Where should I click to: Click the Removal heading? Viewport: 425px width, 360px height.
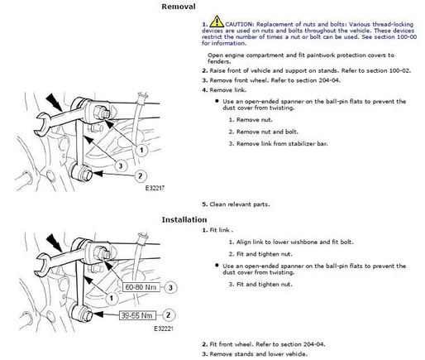click(x=179, y=7)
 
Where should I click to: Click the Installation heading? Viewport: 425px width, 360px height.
click(x=184, y=219)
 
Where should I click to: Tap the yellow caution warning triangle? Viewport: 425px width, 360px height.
click(x=217, y=22)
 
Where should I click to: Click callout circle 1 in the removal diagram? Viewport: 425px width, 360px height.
click(x=141, y=151)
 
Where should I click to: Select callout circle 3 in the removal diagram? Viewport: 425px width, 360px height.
click(x=120, y=166)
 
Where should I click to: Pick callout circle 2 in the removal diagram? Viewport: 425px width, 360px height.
click(x=141, y=175)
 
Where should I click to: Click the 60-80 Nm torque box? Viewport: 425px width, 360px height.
click(x=141, y=287)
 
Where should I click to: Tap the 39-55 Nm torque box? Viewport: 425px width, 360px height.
click(x=137, y=315)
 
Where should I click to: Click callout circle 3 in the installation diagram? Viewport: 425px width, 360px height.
click(x=170, y=287)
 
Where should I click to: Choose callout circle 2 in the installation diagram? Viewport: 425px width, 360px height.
click(x=168, y=315)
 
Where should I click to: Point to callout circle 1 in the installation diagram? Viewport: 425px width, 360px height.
click(x=112, y=298)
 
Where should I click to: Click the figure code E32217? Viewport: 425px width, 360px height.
click(x=155, y=188)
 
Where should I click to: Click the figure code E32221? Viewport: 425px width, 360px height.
click(x=164, y=329)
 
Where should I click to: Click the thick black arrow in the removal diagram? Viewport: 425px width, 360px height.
click(x=55, y=102)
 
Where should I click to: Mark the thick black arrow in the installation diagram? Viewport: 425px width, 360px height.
click(x=55, y=242)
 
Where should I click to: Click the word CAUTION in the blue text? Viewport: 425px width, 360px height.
click(x=238, y=24)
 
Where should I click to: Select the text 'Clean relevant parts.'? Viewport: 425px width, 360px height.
click(x=240, y=204)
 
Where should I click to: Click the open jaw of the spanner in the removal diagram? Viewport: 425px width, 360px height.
click(x=42, y=123)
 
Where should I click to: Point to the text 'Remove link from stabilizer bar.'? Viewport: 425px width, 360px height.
click(x=282, y=144)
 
